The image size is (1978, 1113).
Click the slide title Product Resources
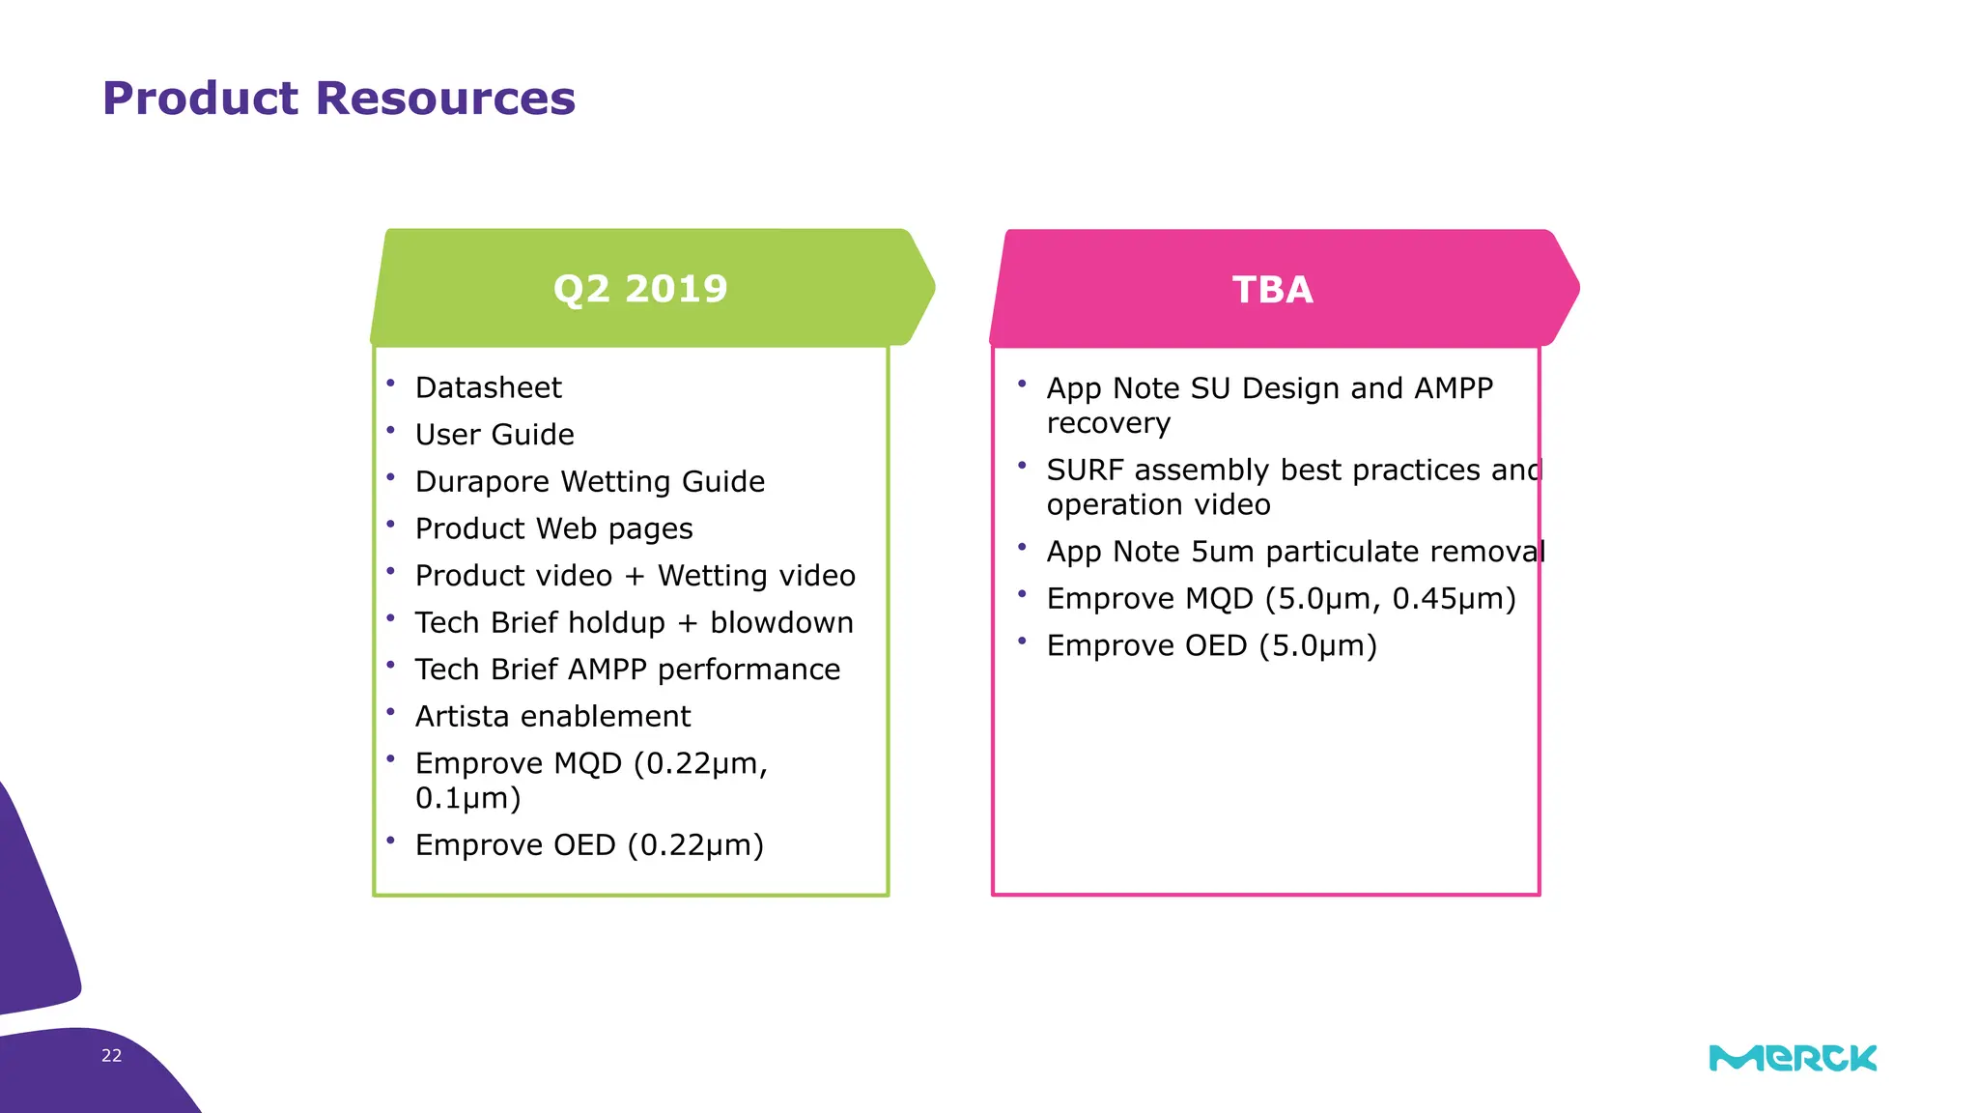(x=338, y=99)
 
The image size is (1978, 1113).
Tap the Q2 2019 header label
(x=640, y=289)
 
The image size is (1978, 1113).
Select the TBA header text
(x=1272, y=290)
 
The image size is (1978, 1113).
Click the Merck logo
(x=1793, y=1058)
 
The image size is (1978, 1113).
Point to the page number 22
(x=111, y=1056)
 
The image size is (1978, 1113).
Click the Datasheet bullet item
(x=488, y=387)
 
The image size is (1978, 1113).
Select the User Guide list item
(x=494, y=435)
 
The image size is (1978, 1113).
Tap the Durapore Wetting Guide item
(x=589, y=481)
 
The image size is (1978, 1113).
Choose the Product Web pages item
(x=553, y=528)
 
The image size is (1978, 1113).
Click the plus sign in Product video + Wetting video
(x=635, y=577)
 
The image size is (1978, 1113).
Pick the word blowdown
(x=781, y=623)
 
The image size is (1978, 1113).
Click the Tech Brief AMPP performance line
(x=627, y=670)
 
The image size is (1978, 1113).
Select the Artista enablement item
(x=552, y=717)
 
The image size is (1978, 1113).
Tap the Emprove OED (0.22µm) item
(x=589, y=845)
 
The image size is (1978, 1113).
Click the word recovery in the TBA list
(x=1108, y=424)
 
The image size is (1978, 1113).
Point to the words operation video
(x=1158, y=505)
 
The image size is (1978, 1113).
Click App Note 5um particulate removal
(x=1294, y=552)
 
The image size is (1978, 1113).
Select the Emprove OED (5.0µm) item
(x=1211, y=645)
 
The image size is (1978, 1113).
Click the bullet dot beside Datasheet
(x=391, y=384)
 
